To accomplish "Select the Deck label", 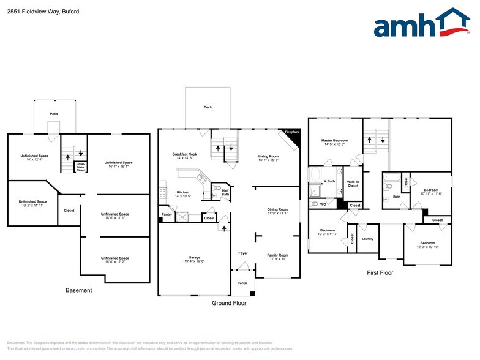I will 208,107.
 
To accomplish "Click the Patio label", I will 54,114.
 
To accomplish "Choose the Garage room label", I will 194,257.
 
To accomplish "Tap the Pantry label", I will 167,214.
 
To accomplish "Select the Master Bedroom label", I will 334,141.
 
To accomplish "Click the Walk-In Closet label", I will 353,183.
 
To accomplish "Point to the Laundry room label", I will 367,238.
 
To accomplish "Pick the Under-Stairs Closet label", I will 81,167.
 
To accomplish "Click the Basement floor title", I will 78,290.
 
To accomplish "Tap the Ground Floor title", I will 229,302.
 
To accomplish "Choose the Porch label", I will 242,283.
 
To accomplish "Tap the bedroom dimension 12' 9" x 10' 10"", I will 428,247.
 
